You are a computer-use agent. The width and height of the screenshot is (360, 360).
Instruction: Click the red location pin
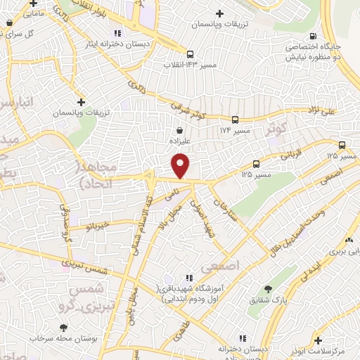point(181,166)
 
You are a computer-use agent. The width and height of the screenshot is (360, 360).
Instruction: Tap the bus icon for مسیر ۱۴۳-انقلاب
point(190,54)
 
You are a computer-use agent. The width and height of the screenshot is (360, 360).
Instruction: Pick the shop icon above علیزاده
point(181,130)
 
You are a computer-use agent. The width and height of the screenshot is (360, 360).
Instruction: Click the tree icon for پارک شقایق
point(267,288)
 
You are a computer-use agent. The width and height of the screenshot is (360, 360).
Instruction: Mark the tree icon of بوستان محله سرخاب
point(64,328)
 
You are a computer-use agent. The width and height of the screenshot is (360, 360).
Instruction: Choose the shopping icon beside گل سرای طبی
point(8,23)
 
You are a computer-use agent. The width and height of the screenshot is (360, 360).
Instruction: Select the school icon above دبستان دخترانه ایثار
point(117,32)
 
